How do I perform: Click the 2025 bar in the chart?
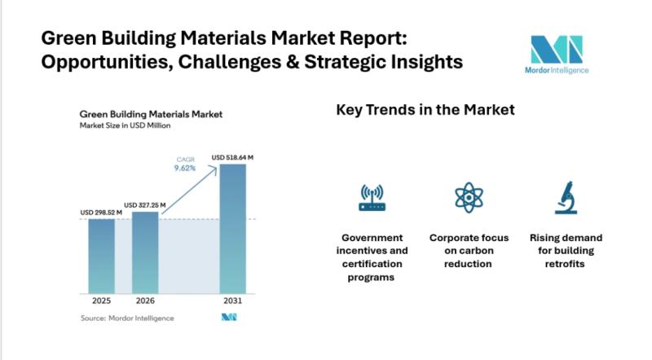[x=101, y=256]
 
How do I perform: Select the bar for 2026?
[x=145, y=252]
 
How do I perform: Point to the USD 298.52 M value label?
[x=101, y=213]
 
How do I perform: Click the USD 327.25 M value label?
[x=145, y=204]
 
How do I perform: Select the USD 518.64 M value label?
[x=233, y=157]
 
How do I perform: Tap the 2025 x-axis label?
[x=101, y=301]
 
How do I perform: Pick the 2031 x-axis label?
[x=232, y=301]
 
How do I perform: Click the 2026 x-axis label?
[x=145, y=301]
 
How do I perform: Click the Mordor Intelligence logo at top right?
[x=557, y=55]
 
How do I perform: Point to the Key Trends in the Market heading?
[x=425, y=110]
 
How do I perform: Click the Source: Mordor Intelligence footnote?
[x=127, y=318]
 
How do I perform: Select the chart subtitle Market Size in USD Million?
[x=125, y=126]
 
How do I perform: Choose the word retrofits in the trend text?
[x=566, y=264]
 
